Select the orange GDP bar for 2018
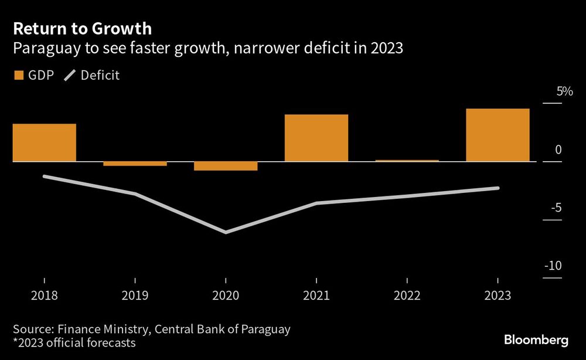point(45,142)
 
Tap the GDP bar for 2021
point(316,138)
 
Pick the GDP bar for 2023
point(498,135)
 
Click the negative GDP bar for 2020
point(226,166)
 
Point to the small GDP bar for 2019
point(135,164)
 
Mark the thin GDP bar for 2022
point(407,160)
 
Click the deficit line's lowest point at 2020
point(226,232)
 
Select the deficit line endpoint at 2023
point(498,188)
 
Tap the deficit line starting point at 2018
point(45,176)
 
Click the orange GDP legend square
point(18,75)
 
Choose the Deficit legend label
point(100,75)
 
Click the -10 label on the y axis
point(553,266)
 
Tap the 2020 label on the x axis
point(226,296)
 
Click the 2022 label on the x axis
point(407,296)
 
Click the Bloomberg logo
point(536,340)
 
